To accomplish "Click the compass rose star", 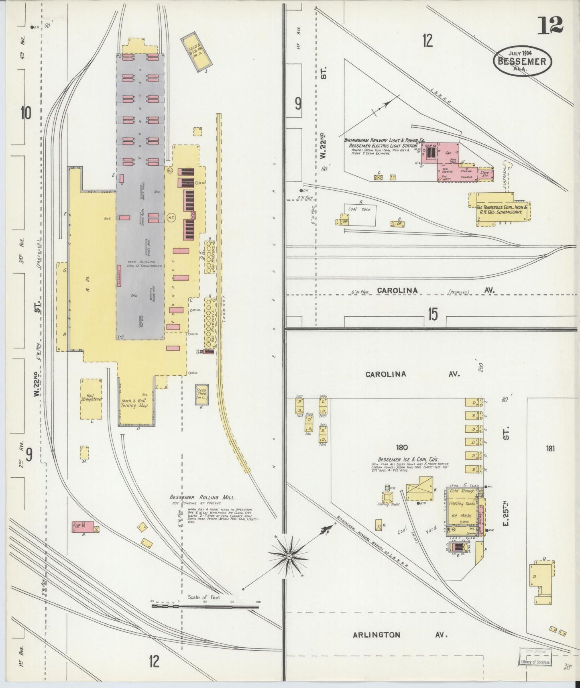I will [289, 556].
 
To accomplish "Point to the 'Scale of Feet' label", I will [204, 597].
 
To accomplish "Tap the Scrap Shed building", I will [201, 394].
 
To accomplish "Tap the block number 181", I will [550, 448].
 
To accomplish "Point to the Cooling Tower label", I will [388, 505].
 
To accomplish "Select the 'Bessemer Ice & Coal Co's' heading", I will [408, 459].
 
